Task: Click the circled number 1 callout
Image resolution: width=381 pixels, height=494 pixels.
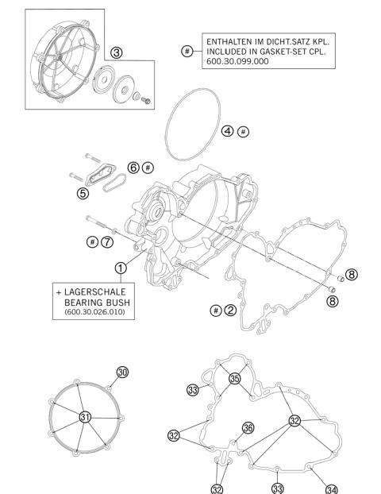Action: [x=120, y=268]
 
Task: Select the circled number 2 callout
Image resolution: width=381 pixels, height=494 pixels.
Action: [x=230, y=310]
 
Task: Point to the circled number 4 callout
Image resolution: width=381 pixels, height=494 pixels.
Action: [x=227, y=131]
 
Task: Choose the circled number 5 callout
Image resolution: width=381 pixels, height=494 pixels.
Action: [x=83, y=191]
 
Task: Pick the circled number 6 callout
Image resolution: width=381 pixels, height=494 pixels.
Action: [x=133, y=168]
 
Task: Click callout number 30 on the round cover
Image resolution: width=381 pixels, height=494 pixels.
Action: [x=122, y=372]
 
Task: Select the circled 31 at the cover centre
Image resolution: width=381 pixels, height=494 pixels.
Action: [x=85, y=416]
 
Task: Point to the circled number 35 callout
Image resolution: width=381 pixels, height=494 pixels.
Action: [x=234, y=379]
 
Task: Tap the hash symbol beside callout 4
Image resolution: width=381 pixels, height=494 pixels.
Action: [x=244, y=131]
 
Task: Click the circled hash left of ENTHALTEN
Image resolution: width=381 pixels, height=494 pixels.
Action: [x=187, y=51]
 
